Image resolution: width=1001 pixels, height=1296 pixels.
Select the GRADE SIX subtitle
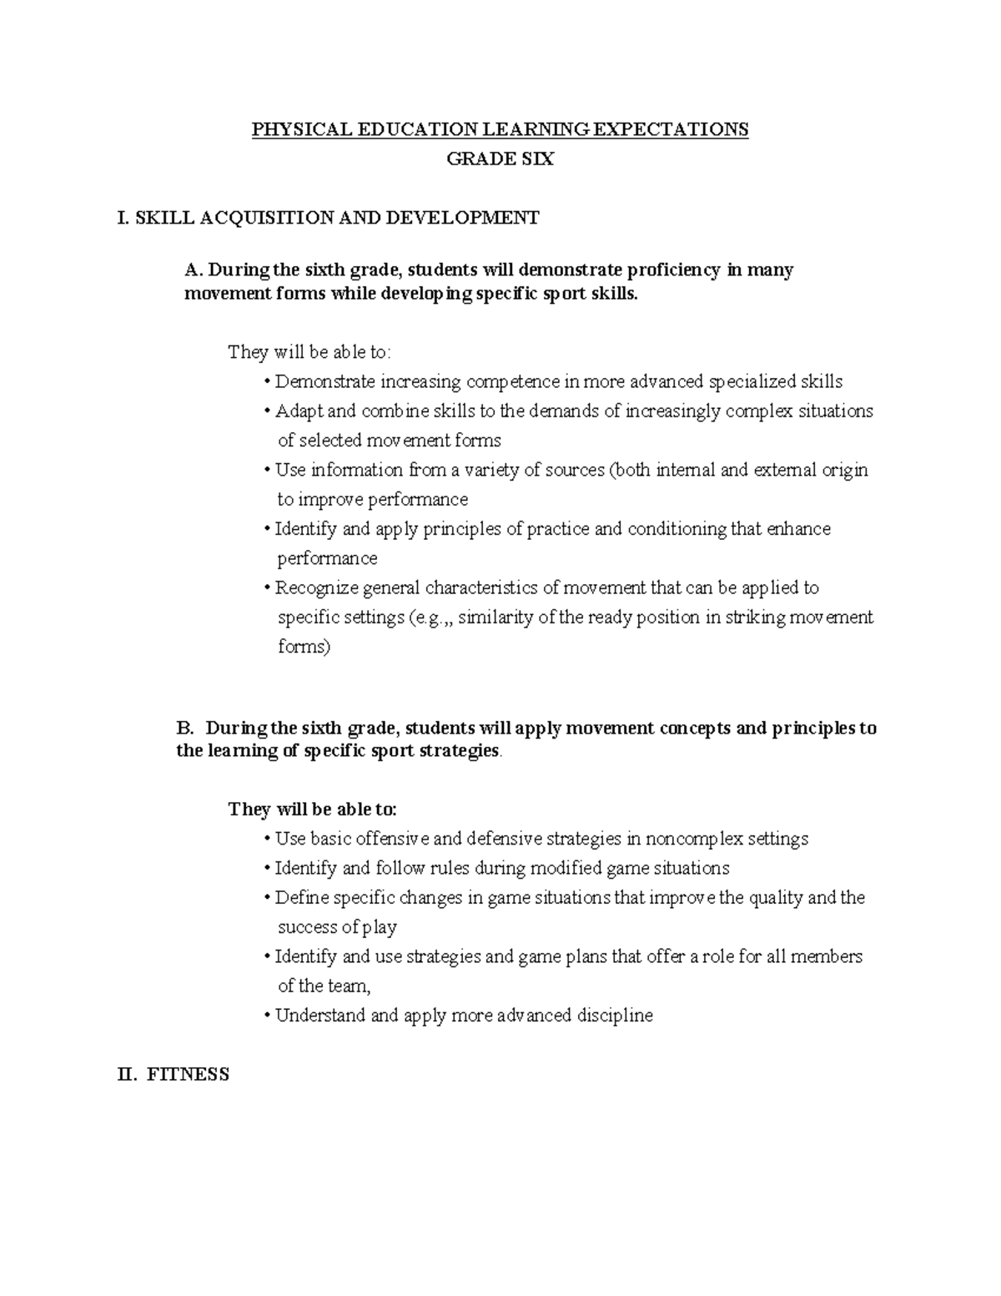click(x=500, y=159)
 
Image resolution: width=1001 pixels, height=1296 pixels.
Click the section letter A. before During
click(x=194, y=270)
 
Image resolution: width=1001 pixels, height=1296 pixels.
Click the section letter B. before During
click(x=185, y=728)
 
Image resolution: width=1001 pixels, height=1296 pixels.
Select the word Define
click(x=301, y=898)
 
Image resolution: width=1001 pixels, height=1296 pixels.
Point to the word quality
click(x=774, y=898)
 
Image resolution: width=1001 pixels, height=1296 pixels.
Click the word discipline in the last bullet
click(x=615, y=1016)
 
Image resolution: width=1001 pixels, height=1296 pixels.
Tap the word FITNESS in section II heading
click(x=188, y=1075)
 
